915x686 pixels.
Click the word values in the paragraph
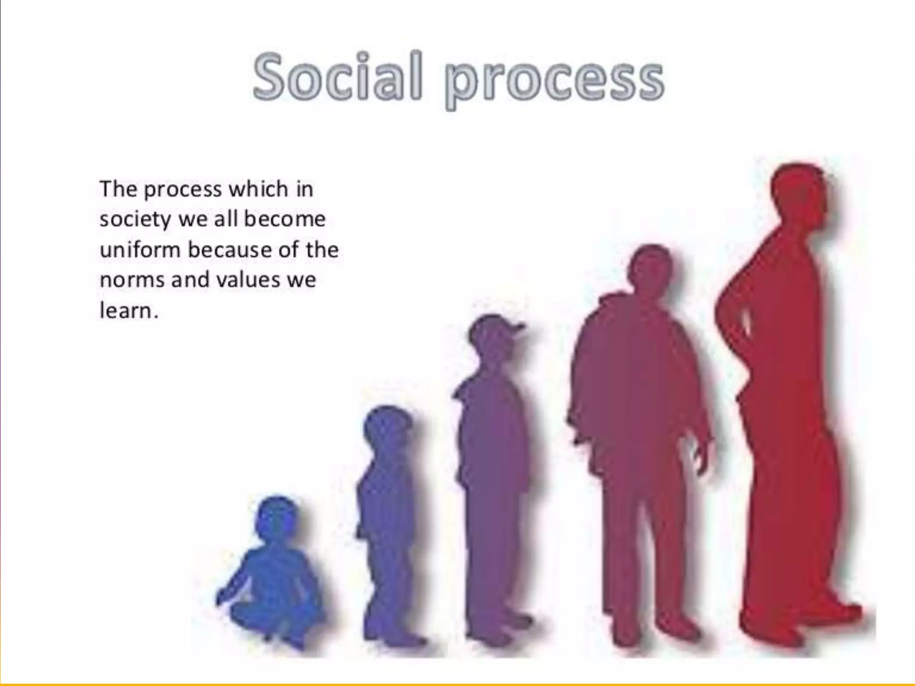244,280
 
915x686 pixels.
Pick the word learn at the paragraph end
126,310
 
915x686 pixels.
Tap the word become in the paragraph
285,219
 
